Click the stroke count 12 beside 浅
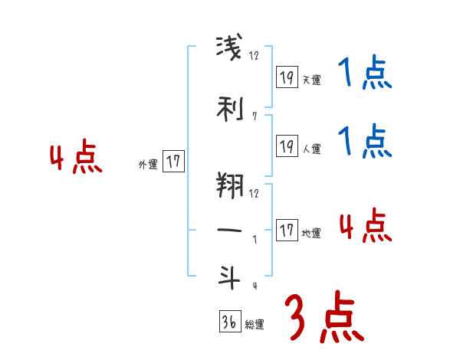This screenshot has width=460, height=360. pos(255,56)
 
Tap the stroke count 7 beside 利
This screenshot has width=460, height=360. pos(254,117)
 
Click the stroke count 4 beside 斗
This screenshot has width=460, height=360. pos(254,285)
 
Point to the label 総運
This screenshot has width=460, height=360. pos(255,325)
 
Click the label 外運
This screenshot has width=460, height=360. pos(147,164)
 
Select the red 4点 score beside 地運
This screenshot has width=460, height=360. pos(365,226)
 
